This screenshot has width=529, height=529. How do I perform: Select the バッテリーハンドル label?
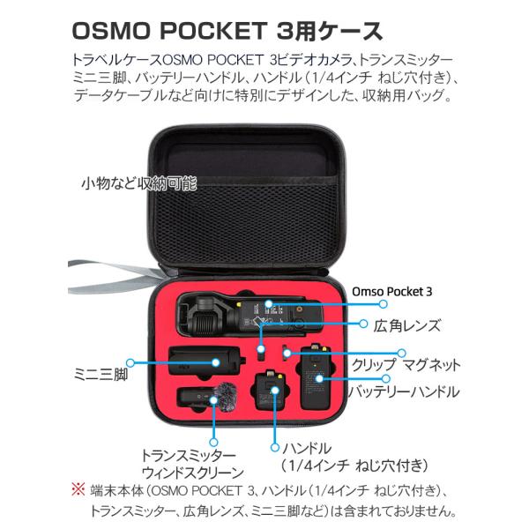coord(403,391)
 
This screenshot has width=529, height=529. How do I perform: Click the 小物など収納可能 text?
coord(138,183)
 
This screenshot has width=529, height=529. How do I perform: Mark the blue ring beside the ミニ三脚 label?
coord(132,361)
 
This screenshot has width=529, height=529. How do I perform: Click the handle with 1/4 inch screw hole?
coord(268,397)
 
